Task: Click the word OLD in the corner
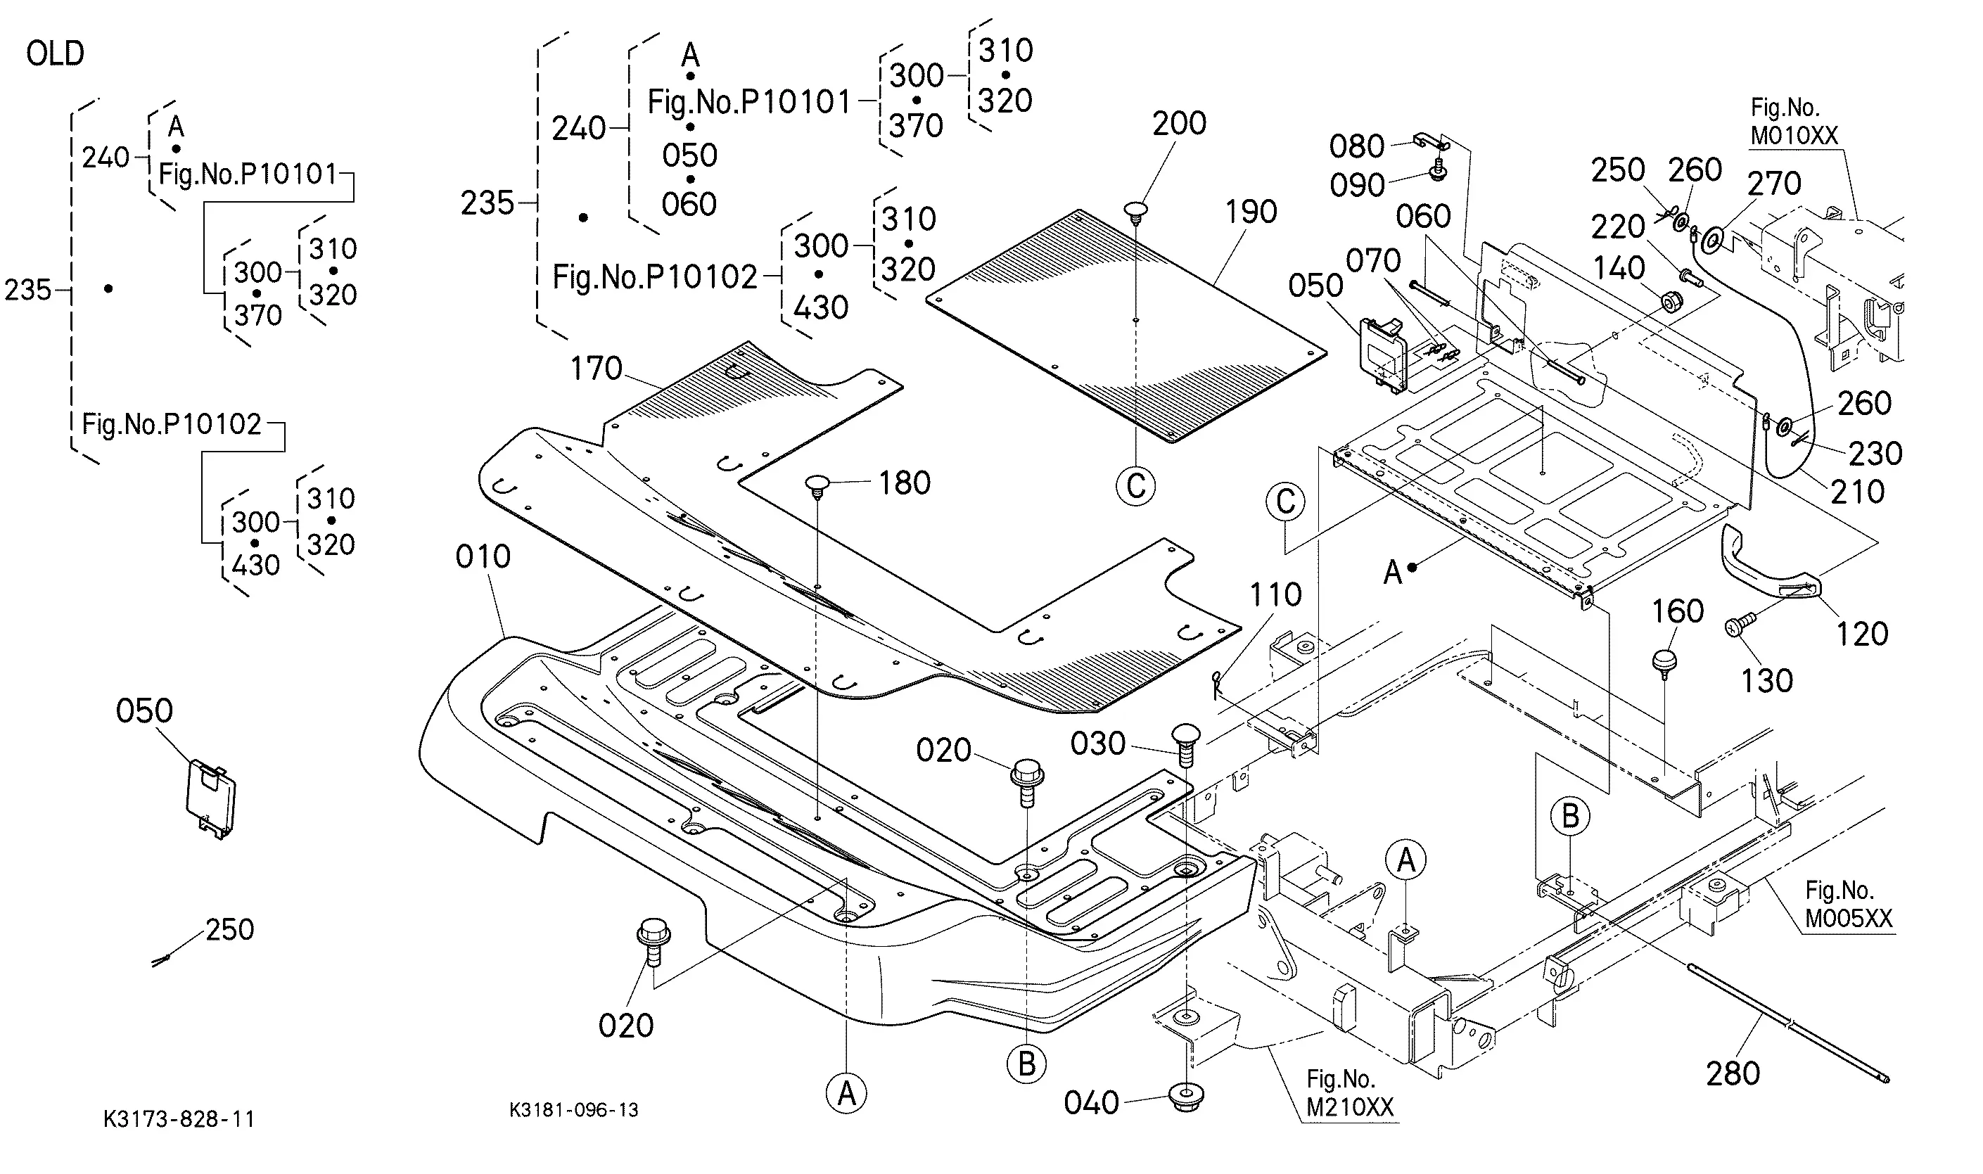pyautogui.click(x=55, y=53)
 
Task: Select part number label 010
pyautogui.click(x=483, y=557)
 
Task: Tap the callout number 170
pyautogui.click(x=597, y=369)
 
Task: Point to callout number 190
pyautogui.click(x=1251, y=212)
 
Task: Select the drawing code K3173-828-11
pyautogui.click(x=179, y=1118)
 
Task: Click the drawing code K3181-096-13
pyautogui.click(x=573, y=1110)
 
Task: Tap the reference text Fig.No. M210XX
pyautogui.click(x=1349, y=1092)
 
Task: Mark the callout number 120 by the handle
pyautogui.click(x=1861, y=634)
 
